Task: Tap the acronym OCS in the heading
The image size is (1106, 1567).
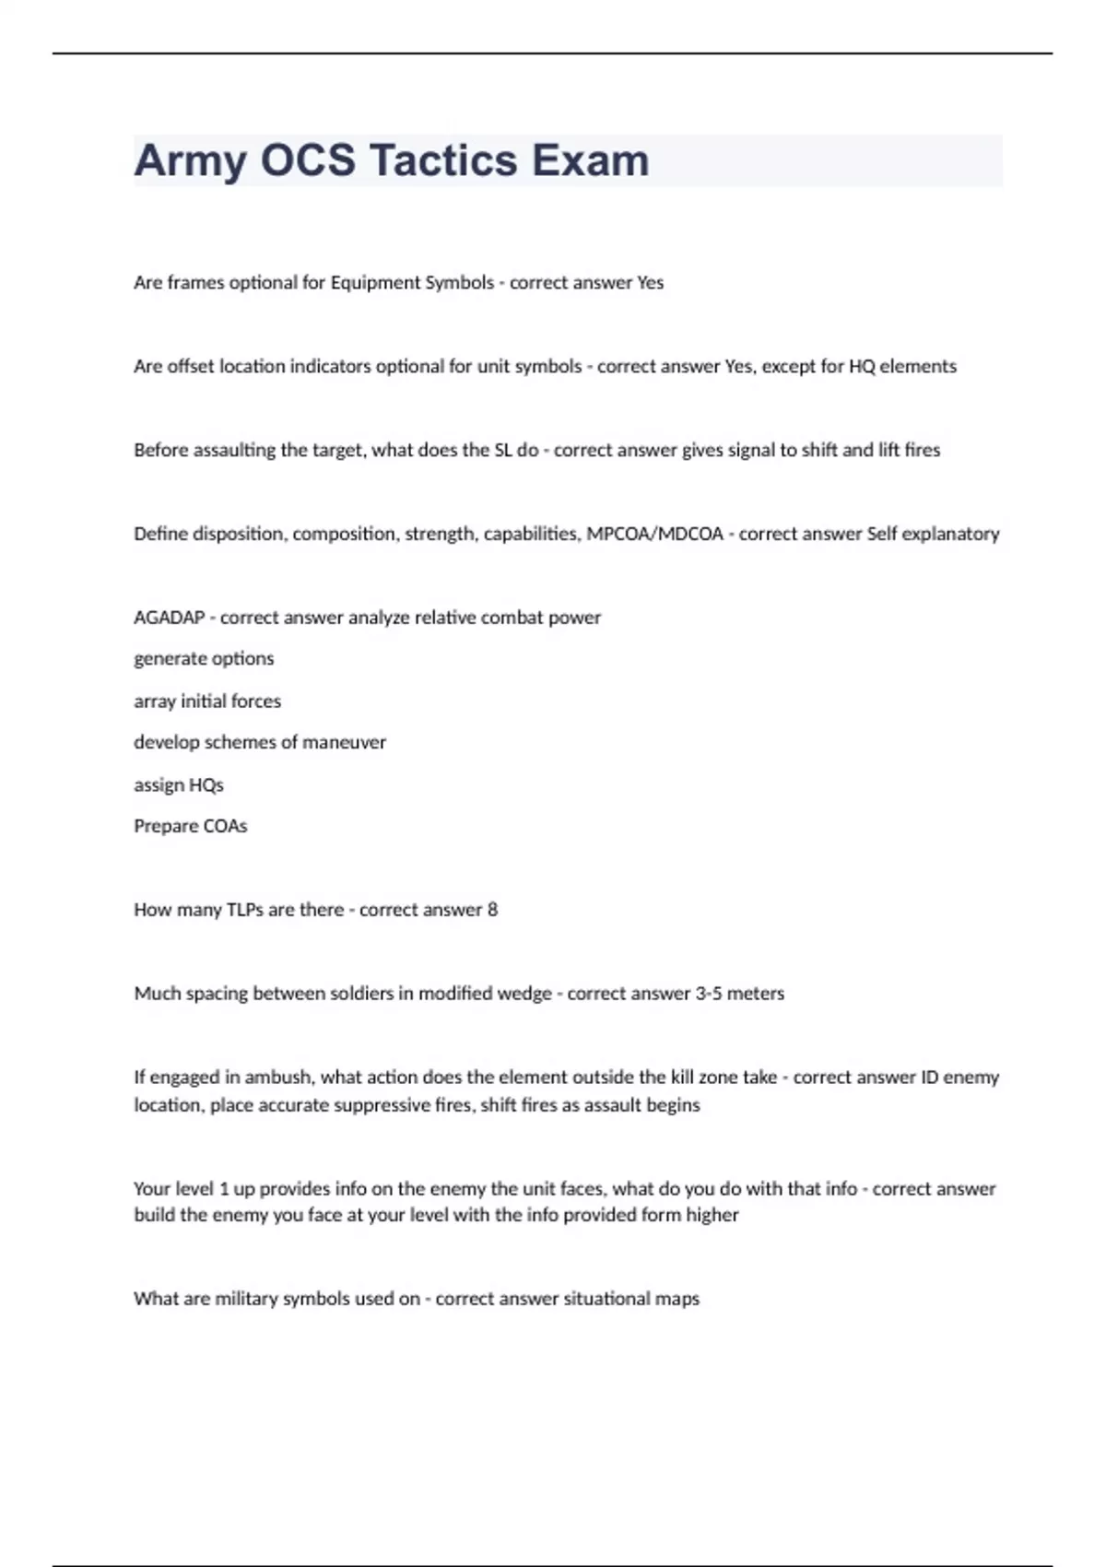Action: (x=307, y=160)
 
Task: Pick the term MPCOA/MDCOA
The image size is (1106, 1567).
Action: (x=654, y=535)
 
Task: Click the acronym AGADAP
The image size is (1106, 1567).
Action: (x=169, y=618)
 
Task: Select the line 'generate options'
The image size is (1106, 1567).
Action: (x=204, y=659)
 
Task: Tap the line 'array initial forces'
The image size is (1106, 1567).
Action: (x=207, y=701)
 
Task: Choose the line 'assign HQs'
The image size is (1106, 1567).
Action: (x=179, y=785)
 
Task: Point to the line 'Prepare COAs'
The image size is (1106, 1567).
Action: (x=191, y=827)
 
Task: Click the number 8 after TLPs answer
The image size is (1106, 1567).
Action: (x=492, y=911)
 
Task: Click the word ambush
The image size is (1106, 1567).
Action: (x=277, y=1078)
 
